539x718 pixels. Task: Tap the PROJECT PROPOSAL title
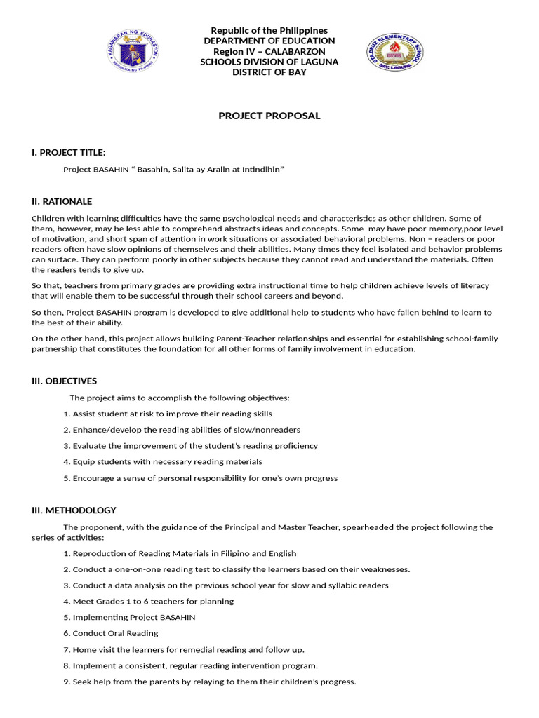(269, 116)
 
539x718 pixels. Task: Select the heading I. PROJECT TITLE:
(69, 153)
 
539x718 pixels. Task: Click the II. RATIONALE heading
(62, 201)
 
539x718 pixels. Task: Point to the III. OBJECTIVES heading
(65, 381)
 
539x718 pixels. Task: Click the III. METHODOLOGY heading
(74, 510)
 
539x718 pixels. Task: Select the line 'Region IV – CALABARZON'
(269, 51)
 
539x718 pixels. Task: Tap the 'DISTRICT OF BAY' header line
(269, 72)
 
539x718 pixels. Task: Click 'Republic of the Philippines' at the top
(269, 30)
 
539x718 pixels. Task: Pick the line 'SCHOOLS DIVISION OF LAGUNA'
(269, 62)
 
